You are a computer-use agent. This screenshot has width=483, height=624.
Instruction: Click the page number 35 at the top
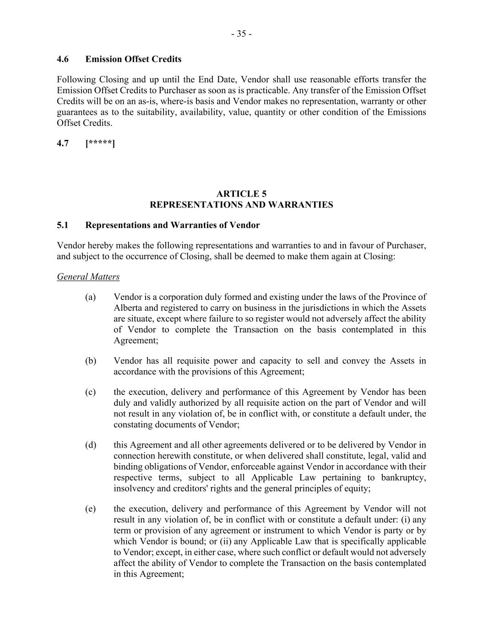point(241,34)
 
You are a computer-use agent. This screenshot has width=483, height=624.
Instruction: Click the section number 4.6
point(63,59)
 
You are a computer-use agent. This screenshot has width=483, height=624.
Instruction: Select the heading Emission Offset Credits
point(133,59)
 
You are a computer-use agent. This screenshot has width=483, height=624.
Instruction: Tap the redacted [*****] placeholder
point(100,144)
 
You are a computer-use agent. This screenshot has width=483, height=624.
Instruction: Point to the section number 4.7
point(63,144)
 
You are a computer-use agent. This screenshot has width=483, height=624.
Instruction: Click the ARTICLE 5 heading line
point(241,194)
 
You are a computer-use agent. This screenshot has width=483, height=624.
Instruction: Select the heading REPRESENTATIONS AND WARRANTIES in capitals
point(241,205)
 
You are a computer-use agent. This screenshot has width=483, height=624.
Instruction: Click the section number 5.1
point(63,225)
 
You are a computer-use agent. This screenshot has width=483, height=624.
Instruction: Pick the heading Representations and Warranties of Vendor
point(173,225)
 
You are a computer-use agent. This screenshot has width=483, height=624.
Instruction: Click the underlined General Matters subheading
point(88,277)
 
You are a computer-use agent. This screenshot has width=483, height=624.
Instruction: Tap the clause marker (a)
point(90,297)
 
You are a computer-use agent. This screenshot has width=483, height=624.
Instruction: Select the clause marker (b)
point(90,361)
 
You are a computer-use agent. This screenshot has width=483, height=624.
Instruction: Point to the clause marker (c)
point(90,392)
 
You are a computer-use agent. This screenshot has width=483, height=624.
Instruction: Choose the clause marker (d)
point(90,445)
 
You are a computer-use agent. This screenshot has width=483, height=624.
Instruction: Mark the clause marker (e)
point(90,509)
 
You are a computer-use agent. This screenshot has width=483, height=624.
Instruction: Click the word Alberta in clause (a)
point(127,308)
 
